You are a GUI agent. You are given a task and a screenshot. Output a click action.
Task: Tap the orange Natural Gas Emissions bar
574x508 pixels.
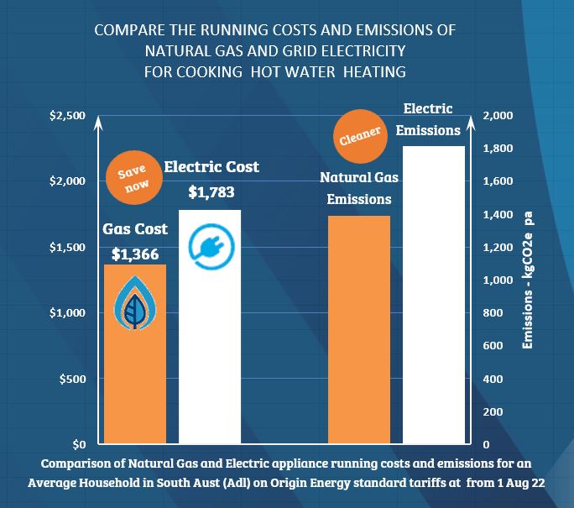point(359,336)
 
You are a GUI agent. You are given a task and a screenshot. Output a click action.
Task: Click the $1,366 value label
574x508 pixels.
point(135,254)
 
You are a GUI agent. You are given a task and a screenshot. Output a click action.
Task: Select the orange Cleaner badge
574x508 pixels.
point(360,135)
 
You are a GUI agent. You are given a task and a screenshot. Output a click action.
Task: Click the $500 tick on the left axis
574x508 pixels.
point(73,379)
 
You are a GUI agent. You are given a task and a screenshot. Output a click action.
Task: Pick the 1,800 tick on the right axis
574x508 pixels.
point(498,149)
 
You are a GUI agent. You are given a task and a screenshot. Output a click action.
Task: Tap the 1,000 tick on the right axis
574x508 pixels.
point(498,280)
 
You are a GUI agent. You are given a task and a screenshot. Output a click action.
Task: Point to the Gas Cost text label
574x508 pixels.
point(135,229)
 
